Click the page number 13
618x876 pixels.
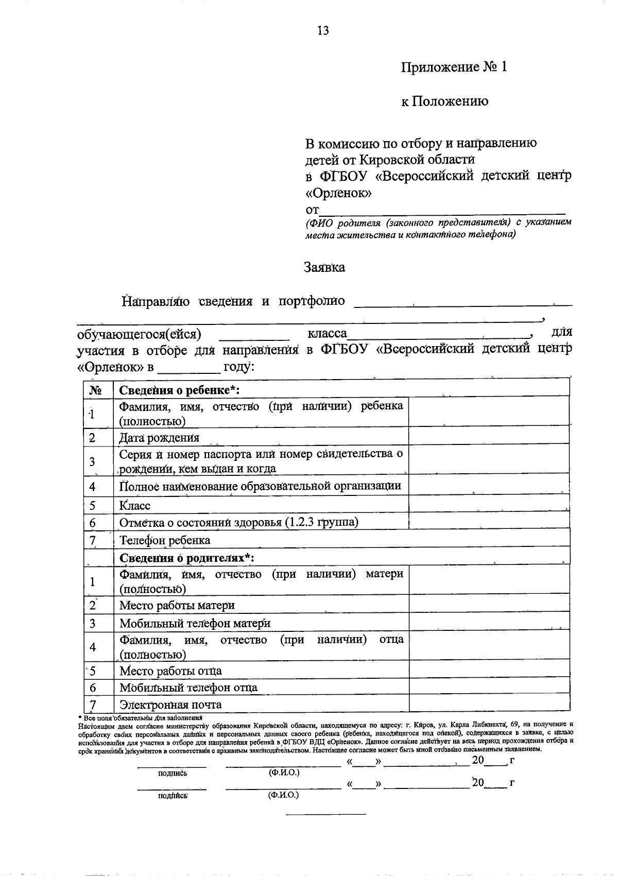323,30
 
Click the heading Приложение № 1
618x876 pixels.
454,67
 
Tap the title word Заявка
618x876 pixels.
324,268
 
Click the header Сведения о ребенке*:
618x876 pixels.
180,390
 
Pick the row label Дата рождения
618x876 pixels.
159,438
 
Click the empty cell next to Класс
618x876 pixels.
489,505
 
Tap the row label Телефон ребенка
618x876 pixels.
165,540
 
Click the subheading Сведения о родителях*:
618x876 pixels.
187,558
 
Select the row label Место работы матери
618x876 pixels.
177,606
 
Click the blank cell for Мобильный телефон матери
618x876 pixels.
489,623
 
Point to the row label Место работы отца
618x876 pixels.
170,671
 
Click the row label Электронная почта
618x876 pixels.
170,705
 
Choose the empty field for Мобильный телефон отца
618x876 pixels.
489,688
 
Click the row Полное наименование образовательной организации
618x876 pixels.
260,486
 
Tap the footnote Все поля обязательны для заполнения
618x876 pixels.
140,717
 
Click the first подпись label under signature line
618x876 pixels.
173,774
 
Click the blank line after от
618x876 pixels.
442,210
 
